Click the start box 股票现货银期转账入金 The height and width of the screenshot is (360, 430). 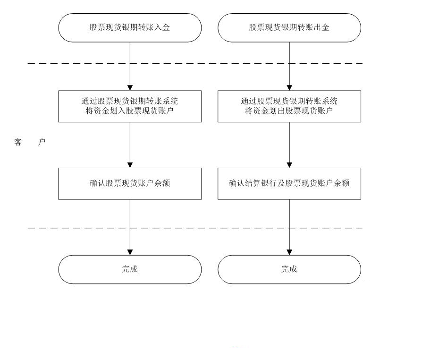[x=130, y=28]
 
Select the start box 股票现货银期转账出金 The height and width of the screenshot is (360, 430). [x=289, y=28]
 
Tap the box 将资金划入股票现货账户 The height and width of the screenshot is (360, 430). [x=130, y=106]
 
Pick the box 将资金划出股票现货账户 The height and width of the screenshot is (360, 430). [x=289, y=106]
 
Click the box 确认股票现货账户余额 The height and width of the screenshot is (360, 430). [x=130, y=183]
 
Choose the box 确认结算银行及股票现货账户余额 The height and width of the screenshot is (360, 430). [x=289, y=183]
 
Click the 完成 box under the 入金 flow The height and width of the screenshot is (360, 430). [x=130, y=269]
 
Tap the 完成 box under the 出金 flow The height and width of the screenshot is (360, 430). [x=289, y=269]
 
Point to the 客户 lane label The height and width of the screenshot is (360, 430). [x=30, y=142]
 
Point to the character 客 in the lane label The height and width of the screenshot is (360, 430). [x=18, y=142]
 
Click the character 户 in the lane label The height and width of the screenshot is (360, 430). [x=42, y=142]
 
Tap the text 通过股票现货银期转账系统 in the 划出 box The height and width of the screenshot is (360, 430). [x=289, y=101]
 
